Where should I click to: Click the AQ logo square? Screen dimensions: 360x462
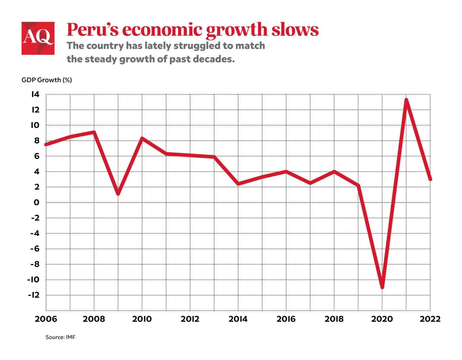[38, 38]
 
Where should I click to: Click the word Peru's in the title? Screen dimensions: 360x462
[92, 29]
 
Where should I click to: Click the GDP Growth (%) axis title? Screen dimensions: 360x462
[47, 80]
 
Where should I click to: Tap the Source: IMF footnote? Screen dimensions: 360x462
[60, 337]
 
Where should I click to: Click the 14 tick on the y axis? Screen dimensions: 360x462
[35, 95]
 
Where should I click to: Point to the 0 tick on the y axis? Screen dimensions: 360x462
[36, 203]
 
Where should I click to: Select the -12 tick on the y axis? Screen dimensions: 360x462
[34, 295]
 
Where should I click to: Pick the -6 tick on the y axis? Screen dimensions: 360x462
[35, 249]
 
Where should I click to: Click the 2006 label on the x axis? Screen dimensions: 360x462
[46, 319]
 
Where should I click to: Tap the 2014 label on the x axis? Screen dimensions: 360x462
[238, 319]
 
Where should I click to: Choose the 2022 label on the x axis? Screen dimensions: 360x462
[430, 319]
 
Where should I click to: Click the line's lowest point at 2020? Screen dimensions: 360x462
[382, 287]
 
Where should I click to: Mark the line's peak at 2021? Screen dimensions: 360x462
[406, 100]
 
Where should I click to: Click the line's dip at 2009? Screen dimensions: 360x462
[118, 194]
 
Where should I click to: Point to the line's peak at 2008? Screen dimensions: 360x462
[94, 132]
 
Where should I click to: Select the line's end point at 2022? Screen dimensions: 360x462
[430, 179]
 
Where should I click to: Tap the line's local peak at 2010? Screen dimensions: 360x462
[142, 138]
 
